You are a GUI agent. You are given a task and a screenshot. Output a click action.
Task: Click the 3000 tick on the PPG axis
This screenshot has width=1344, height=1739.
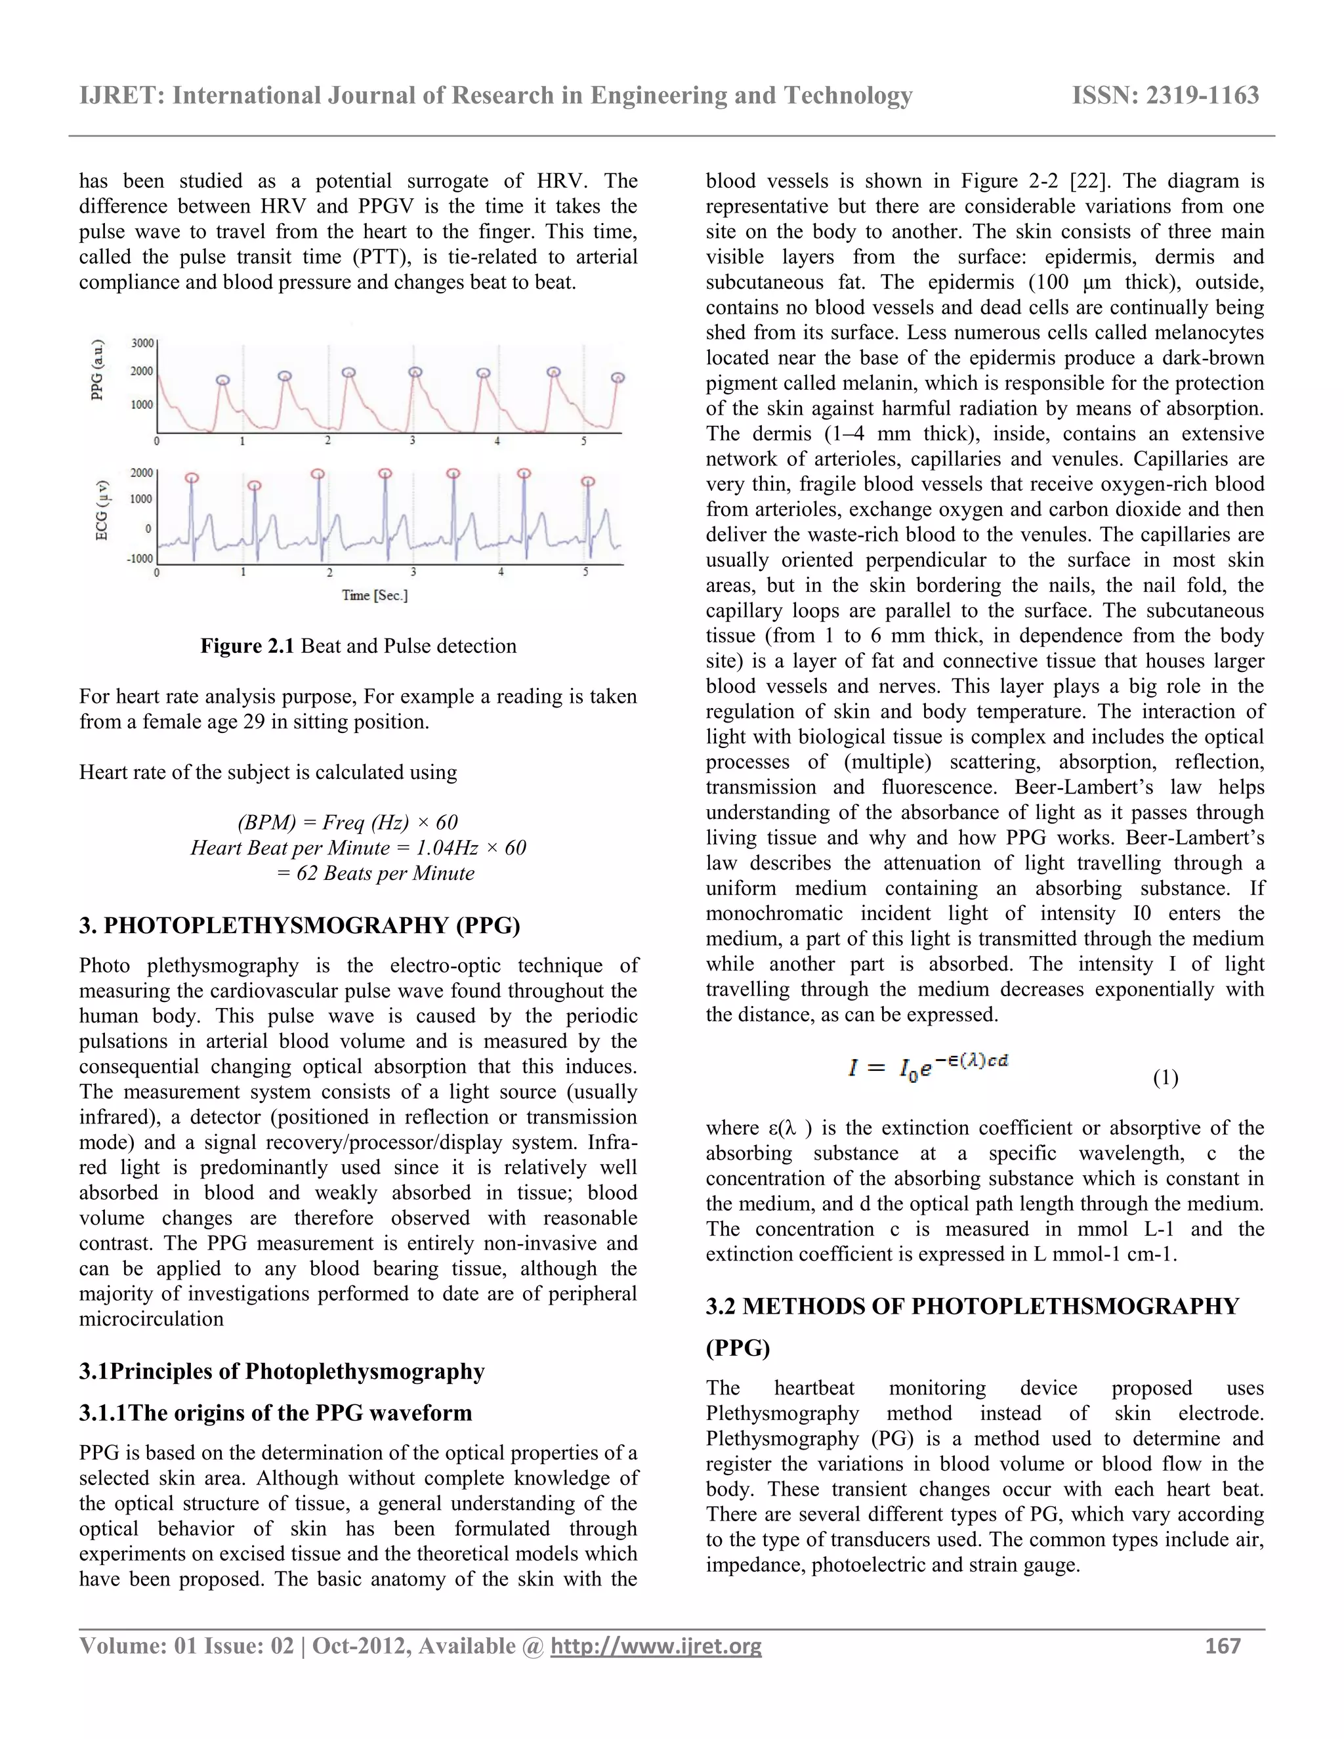142,343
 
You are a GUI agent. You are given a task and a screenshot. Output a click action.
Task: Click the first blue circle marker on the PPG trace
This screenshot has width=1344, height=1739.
224,380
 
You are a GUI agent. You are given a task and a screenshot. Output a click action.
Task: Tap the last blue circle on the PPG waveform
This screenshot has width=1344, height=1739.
618,377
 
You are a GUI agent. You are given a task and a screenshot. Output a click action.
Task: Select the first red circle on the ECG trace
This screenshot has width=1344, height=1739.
191,478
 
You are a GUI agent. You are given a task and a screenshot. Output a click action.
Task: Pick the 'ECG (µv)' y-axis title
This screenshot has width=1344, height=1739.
101,511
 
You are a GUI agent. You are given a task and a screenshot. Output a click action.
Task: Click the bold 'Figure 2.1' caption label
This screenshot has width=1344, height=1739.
247,646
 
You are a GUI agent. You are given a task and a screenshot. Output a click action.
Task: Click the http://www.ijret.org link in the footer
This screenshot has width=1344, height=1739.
656,1646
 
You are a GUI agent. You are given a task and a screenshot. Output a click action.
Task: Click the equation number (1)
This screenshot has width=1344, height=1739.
1165,1078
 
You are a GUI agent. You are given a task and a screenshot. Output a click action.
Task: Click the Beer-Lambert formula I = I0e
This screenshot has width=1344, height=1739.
927,1066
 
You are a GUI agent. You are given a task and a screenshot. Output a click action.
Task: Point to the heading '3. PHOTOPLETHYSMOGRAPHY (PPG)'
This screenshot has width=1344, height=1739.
299,925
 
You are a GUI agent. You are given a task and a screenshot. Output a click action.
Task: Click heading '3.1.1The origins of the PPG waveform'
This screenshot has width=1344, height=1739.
276,1413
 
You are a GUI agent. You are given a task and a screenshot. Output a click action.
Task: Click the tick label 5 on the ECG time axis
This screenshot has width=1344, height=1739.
586,572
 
